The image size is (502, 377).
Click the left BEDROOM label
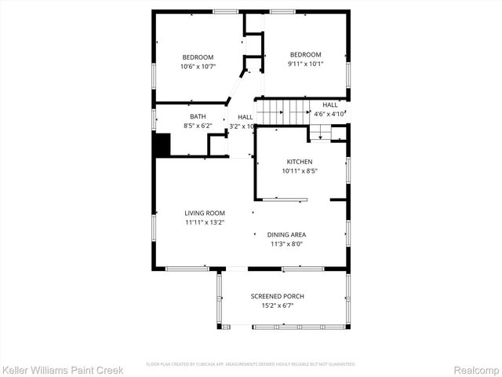coord(198,57)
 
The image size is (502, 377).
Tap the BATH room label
coord(198,116)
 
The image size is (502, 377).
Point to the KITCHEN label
coord(300,161)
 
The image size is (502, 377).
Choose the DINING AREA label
coord(286,234)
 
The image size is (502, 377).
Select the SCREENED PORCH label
coord(277,296)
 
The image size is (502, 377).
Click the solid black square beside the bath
coord(162,145)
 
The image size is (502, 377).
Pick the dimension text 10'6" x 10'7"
coord(198,67)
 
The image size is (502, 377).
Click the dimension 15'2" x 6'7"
coord(277,306)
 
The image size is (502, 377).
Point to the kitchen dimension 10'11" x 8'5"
coord(300,170)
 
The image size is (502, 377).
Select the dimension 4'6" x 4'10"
coord(329,114)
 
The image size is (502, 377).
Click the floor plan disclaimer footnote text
coord(251,364)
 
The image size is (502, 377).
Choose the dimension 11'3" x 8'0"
coord(286,243)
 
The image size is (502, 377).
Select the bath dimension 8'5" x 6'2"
coord(198,126)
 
